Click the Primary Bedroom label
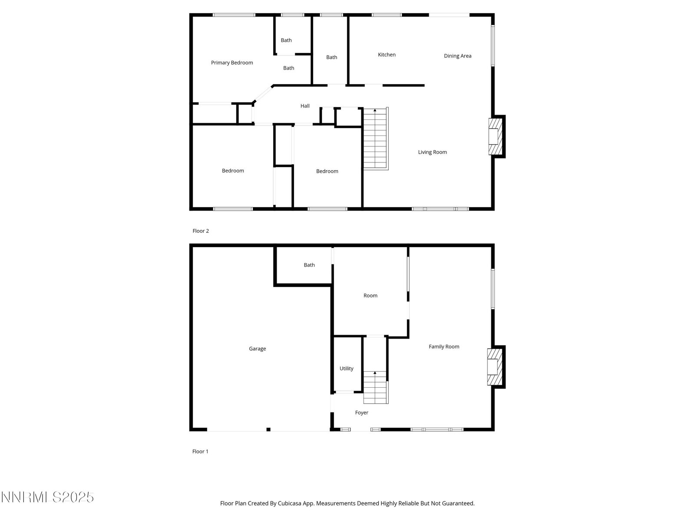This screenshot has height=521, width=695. [232, 63]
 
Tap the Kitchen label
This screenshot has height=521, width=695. [387, 55]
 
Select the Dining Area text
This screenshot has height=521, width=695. [457, 56]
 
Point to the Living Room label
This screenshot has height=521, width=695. [432, 152]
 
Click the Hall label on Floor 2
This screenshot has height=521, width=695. [305, 106]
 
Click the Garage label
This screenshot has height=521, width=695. [257, 349]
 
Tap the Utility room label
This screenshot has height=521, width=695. [346, 369]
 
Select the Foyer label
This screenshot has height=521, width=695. [361, 413]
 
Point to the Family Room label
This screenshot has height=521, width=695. [444, 347]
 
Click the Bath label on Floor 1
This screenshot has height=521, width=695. [309, 265]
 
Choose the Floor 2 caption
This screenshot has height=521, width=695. [200, 231]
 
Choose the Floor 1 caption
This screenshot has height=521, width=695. [200, 452]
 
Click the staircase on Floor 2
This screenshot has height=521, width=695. [376, 138]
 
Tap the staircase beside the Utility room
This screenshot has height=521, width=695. [376, 388]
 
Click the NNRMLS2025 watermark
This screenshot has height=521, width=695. [47, 497]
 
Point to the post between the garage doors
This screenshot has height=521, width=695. [268, 429]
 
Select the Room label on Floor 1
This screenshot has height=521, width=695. [370, 296]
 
